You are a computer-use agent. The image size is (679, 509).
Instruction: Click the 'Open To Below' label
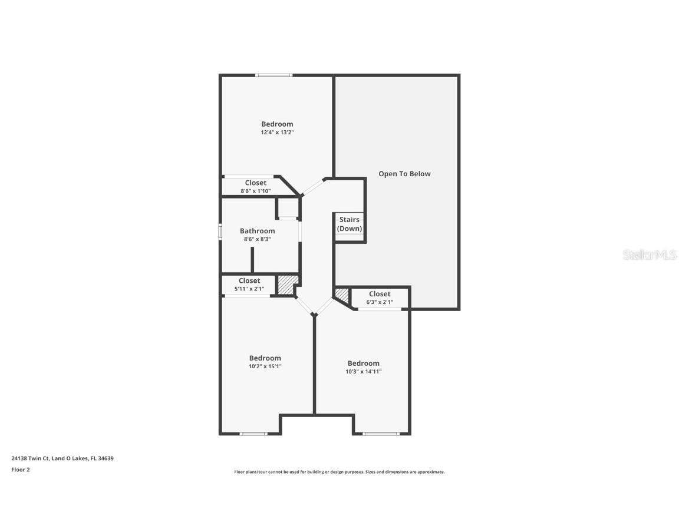404,174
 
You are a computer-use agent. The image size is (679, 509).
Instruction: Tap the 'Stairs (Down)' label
349,224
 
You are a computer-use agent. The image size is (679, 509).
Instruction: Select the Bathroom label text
257,231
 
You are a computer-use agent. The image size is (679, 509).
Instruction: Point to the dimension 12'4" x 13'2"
277,133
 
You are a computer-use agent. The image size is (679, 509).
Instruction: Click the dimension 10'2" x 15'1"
265,366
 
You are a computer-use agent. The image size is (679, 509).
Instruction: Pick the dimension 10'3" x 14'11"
363,372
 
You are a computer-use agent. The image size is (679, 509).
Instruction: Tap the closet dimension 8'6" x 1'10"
255,191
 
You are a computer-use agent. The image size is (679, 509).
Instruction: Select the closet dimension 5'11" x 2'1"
249,289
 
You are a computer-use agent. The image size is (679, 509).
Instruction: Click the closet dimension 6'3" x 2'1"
380,302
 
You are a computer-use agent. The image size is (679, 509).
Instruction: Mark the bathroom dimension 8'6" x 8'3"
257,239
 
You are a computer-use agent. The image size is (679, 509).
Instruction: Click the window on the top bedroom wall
273,75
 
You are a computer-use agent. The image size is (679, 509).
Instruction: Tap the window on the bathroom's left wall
220,232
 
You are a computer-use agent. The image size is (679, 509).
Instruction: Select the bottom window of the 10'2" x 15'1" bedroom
253,434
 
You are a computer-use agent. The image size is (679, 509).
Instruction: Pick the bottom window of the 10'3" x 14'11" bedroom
381,434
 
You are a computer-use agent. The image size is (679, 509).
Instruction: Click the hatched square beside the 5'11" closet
287,285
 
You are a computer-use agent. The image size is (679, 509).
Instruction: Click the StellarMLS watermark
650,255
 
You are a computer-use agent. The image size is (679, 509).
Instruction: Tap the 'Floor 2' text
20,470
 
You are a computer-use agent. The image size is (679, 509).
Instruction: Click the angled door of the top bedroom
312,186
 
